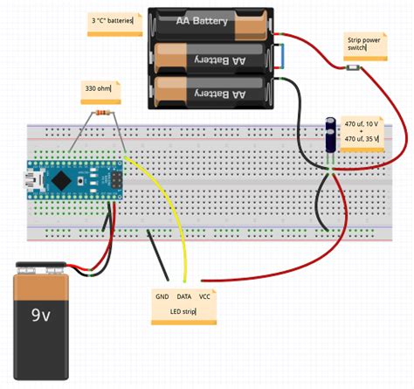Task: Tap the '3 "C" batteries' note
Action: (114, 20)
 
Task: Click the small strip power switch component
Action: (349, 66)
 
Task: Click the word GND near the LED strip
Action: (162, 297)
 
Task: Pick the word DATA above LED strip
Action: (184, 297)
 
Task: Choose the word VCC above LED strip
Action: (206, 297)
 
